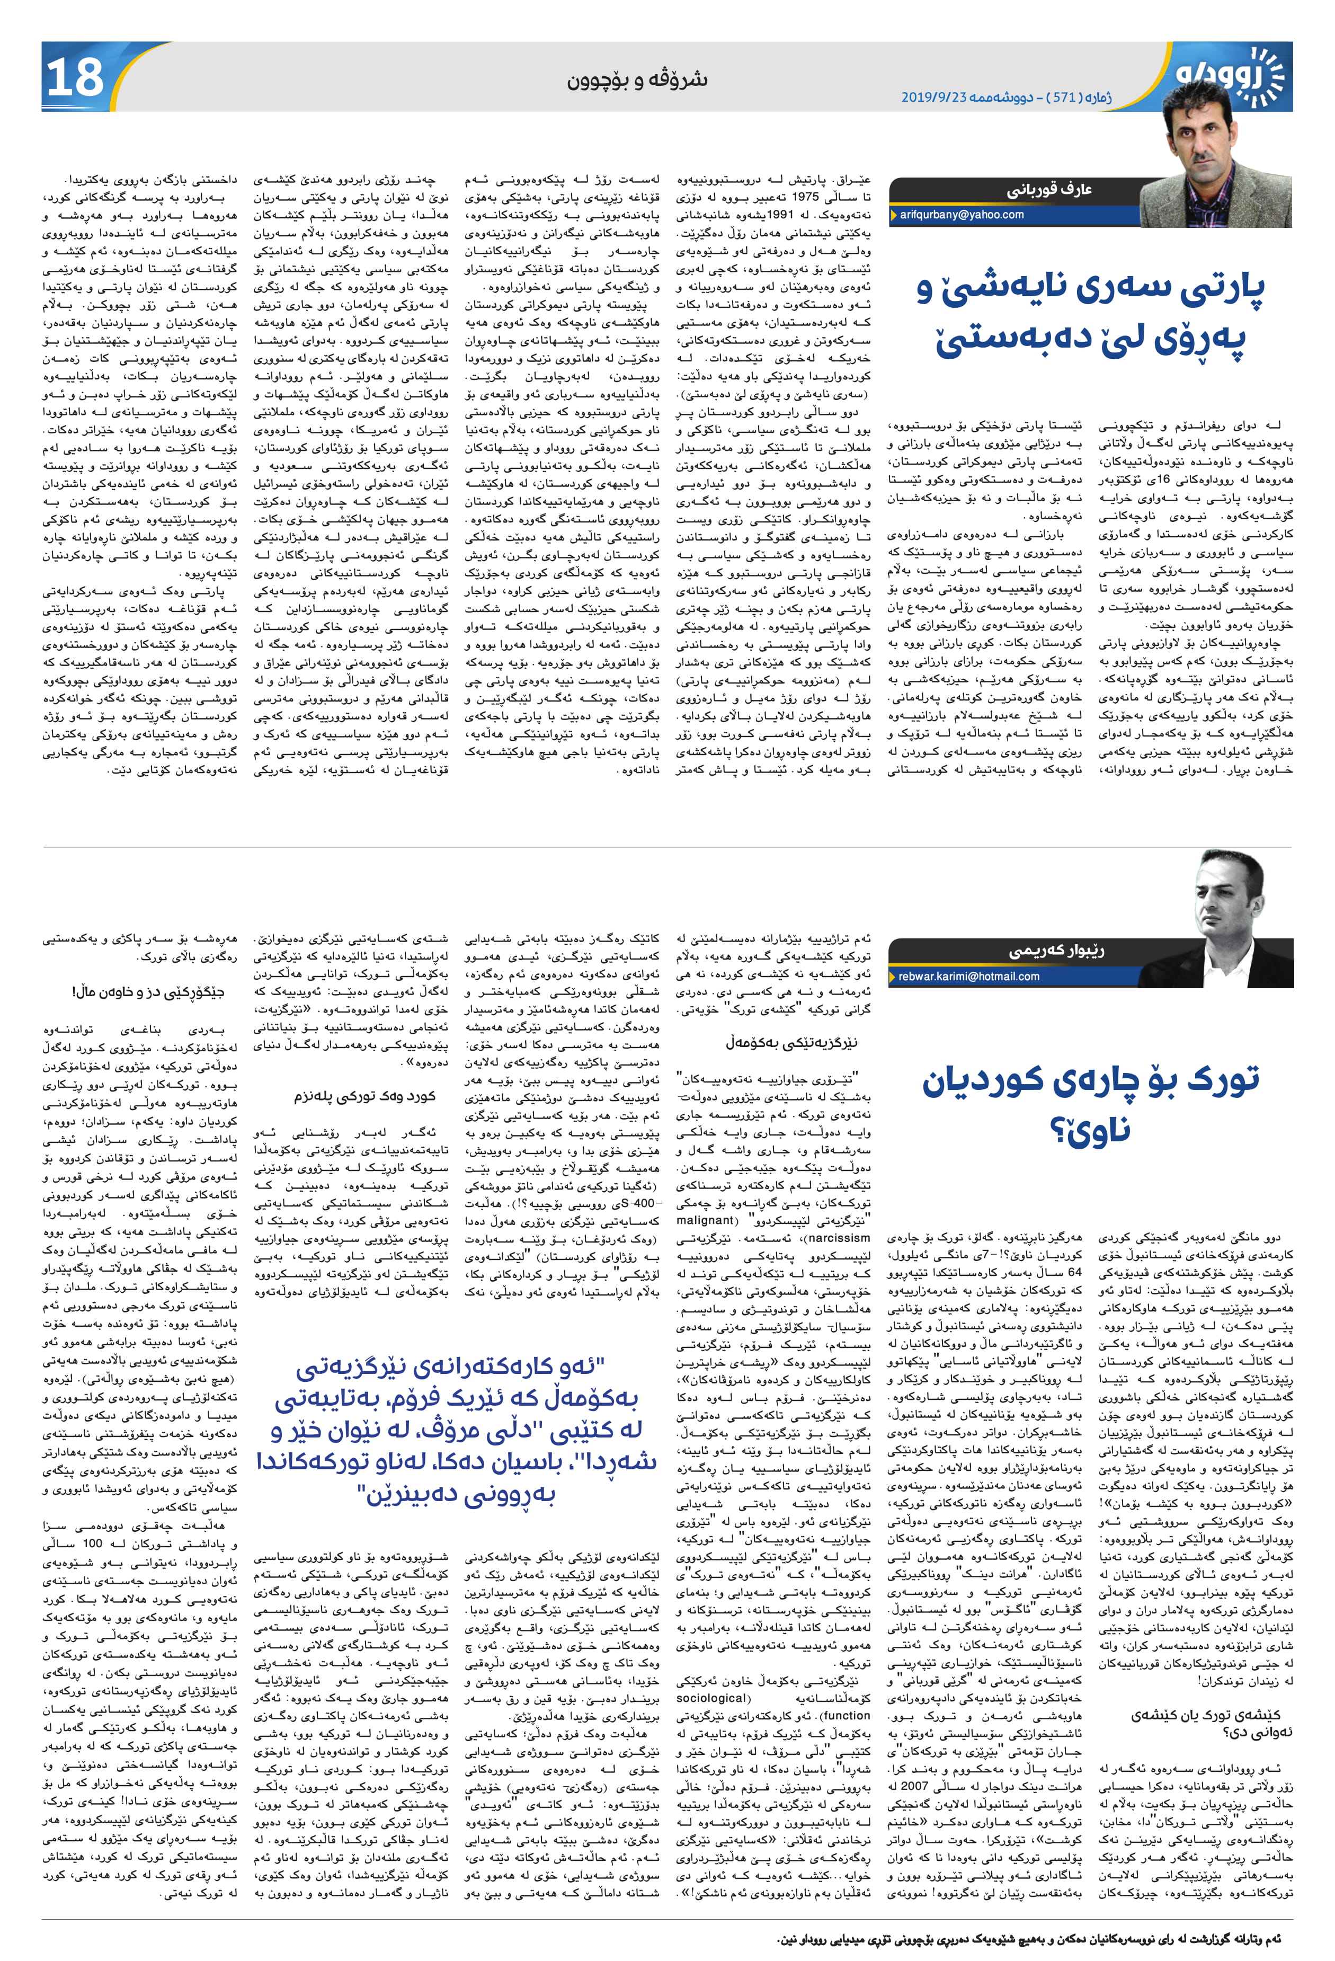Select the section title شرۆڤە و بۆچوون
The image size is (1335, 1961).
(637, 80)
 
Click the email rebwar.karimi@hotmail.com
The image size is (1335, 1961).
(968, 977)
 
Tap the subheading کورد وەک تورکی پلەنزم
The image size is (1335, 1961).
(364, 1096)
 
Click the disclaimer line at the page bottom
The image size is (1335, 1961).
(1029, 1938)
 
